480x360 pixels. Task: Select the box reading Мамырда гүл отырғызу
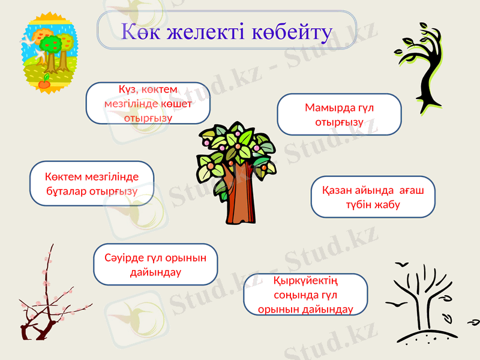pyautogui.click(x=339, y=114)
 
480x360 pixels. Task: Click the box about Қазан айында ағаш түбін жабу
pyautogui.click(x=373, y=197)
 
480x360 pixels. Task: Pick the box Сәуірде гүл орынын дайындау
pyautogui.click(x=156, y=264)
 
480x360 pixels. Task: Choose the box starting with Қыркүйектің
pyautogui.click(x=305, y=295)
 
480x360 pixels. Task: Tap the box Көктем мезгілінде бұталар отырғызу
pyautogui.click(x=92, y=184)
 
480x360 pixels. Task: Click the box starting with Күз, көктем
pyautogui.click(x=148, y=103)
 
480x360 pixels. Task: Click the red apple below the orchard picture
pyautogui.click(x=44, y=83)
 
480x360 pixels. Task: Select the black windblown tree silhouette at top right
pyautogui.click(x=427, y=66)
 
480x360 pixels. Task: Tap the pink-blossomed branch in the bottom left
pyautogui.click(x=45, y=300)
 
